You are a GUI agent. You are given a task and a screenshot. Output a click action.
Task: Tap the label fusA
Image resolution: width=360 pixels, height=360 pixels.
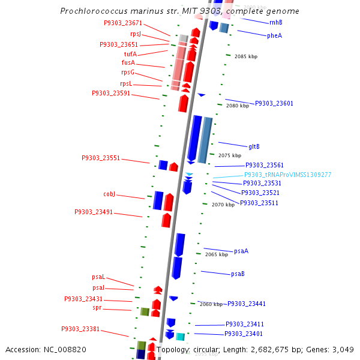128,62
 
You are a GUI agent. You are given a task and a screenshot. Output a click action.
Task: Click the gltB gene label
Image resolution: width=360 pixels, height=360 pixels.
254,146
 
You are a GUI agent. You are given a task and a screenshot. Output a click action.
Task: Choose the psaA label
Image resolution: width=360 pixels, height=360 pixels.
241,251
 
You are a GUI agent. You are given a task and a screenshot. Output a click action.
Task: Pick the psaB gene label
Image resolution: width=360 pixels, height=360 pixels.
238,274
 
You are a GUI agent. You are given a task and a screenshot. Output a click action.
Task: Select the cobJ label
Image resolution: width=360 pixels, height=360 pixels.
109,194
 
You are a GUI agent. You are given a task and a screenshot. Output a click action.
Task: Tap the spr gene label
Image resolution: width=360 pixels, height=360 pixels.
97,308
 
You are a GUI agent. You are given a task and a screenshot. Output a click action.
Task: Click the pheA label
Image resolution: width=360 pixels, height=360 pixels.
274,35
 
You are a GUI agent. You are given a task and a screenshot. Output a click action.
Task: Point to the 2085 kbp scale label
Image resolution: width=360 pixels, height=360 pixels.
246,56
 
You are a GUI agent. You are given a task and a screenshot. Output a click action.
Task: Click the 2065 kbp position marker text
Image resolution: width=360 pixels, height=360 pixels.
217,254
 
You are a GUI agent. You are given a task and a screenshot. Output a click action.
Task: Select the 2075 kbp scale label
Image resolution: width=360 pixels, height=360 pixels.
230,155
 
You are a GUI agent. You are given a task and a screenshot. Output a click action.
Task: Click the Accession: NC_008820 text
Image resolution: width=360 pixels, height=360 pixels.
46,349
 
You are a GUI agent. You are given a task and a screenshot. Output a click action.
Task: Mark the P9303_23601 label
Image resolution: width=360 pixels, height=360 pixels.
274,103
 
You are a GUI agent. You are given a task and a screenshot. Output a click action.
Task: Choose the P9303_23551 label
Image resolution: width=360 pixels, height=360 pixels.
101,158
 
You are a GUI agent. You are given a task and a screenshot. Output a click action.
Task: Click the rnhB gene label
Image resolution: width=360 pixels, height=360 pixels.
276,22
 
